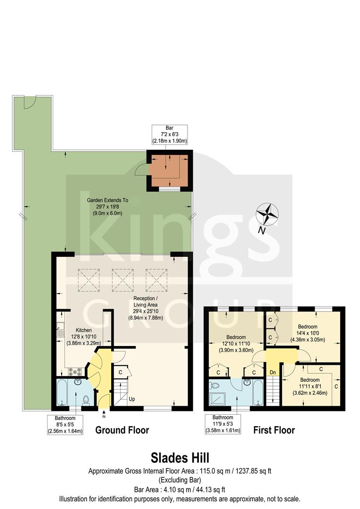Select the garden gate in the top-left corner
[29, 102]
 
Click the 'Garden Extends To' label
[107, 206]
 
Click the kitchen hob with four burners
[74, 370]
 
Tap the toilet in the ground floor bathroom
[85, 400]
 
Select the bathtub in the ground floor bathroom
[64, 394]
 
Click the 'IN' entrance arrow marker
[104, 416]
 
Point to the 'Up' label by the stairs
[132, 399]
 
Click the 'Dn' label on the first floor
[272, 372]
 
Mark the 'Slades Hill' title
[180, 458]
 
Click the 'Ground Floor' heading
[122, 430]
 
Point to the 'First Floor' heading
[274, 430]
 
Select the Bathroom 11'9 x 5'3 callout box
[222, 424]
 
